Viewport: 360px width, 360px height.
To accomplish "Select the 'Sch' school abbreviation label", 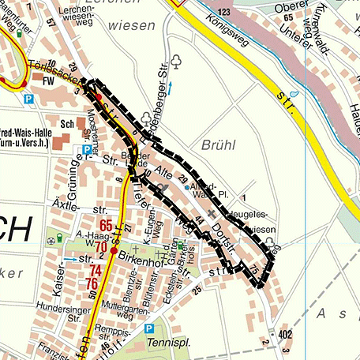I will (66, 124).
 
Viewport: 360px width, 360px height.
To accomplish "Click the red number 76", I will (92, 283).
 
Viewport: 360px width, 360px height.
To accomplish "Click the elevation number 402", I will (284, 336).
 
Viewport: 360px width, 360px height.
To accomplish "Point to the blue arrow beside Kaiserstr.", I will (72, 259).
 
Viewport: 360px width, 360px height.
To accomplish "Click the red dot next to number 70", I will (113, 252).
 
